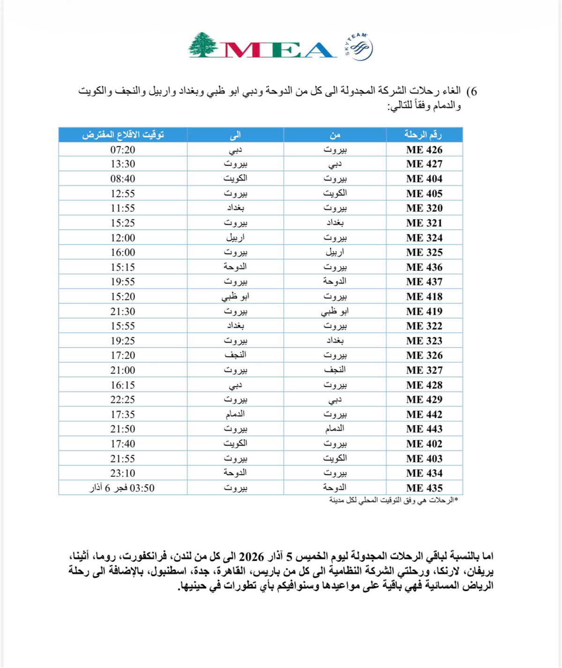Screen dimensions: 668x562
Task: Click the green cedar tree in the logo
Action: click(x=203, y=45)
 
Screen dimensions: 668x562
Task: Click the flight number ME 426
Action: click(x=424, y=150)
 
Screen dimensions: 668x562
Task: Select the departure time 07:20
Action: click(x=123, y=150)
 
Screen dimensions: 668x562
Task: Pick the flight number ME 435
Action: click(x=424, y=488)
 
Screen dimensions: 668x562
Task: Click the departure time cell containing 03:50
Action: click(x=122, y=488)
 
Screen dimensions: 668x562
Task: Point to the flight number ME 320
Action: click(x=424, y=208)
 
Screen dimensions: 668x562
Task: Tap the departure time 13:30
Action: click(x=123, y=164)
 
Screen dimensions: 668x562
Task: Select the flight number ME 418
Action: click(x=424, y=297)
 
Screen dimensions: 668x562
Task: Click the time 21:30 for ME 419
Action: click(x=123, y=311)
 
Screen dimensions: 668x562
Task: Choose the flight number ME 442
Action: click(x=424, y=414)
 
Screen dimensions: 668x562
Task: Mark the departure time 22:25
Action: click(x=123, y=399)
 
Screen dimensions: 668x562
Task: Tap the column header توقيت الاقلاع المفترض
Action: click(x=123, y=135)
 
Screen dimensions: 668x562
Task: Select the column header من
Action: click(x=335, y=135)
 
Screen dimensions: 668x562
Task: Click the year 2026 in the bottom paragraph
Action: click(x=252, y=557)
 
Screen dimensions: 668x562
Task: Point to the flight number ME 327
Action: click(x=424, y=370)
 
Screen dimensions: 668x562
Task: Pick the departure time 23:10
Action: click(x=123, y=473)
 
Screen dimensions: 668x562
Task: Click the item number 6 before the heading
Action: click(x=473, y=91)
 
